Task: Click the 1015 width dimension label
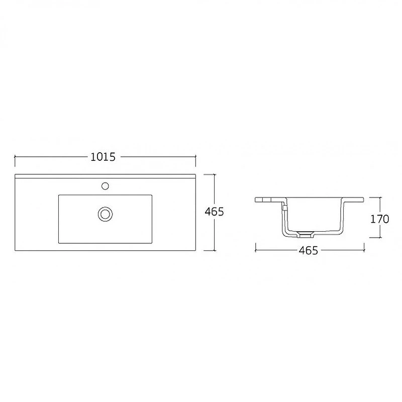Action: (103, 157)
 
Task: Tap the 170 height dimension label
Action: (379, 219)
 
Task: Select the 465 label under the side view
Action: (308, 250)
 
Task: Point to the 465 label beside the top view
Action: (214, 212)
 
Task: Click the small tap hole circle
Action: (105, 186)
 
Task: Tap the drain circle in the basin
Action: (105, 214)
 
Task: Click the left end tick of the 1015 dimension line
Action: (15, 157)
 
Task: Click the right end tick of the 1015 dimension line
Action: (195, 157)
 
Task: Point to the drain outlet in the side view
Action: (305, 234)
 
